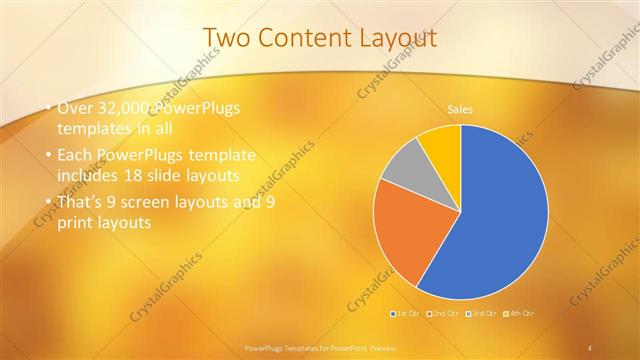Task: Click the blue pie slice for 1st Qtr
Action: [500, 215]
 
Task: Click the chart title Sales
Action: [460, 109]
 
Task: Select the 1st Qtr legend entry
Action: [405, 314]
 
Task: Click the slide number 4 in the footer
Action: [590, 347]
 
